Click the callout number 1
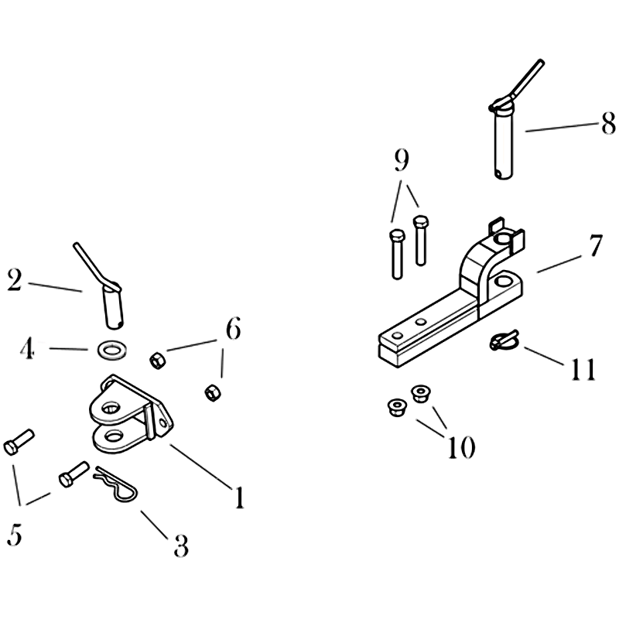point(239,498)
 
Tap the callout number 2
point(15,281)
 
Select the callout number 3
point(181,546)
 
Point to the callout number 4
point(27,349)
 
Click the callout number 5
point(14,535)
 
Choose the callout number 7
point(595,245)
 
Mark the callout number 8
point(608,123)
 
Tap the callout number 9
point(402,160)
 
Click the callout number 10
point(460,448)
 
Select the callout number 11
point(583,370)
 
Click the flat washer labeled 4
point(111,351)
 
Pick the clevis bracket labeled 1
point(130,415)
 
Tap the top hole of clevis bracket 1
point(111,408)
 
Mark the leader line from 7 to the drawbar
point(559,264)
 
